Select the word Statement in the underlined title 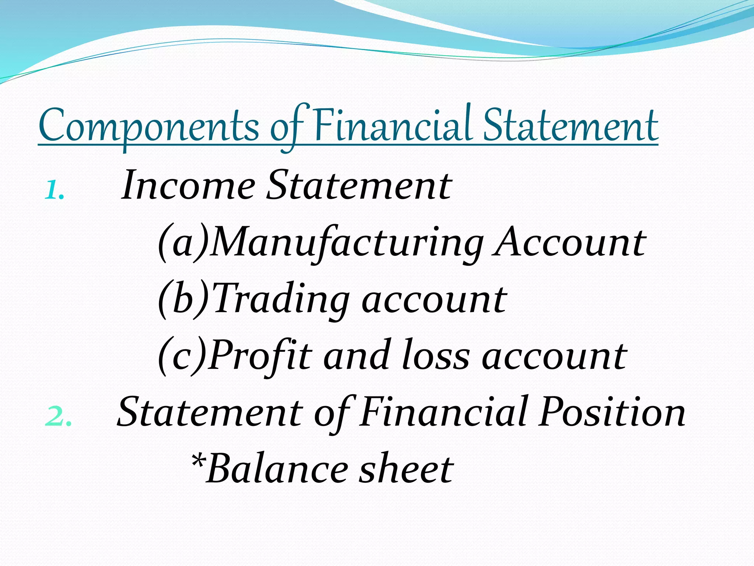click(x=570, y=125)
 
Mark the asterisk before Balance click(x=198, y=461)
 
